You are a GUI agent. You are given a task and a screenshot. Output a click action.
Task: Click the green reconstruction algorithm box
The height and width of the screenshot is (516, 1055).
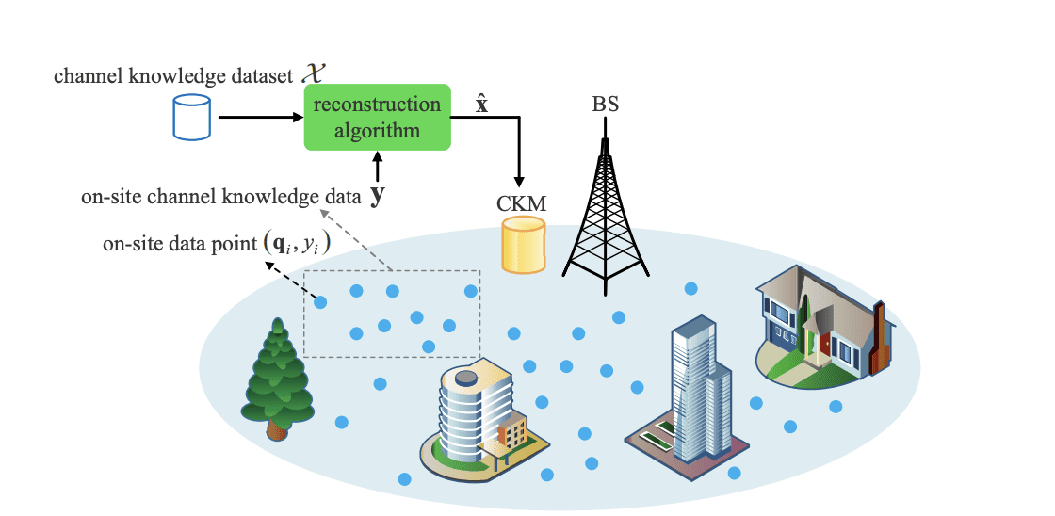click(378, 117)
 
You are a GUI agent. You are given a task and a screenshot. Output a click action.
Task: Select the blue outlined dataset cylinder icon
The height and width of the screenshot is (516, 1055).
click(187, 118)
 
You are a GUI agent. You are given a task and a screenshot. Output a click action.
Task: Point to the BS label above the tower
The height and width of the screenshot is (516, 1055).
click(606, 104)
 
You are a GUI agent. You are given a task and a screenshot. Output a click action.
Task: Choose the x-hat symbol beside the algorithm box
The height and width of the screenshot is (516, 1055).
click(481, 104)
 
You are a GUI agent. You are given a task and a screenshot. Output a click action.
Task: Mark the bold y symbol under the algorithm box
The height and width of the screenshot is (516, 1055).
click(378, 197)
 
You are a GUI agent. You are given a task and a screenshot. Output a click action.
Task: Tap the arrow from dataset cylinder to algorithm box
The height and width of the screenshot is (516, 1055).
click(260, 118)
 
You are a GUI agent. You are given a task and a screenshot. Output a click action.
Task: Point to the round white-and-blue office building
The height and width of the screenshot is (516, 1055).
click(472, 414)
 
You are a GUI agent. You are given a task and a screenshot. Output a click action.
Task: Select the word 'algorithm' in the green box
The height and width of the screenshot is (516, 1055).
click(378, 130)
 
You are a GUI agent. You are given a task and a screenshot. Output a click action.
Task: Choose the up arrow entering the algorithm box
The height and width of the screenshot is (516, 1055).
click(378, 168)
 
